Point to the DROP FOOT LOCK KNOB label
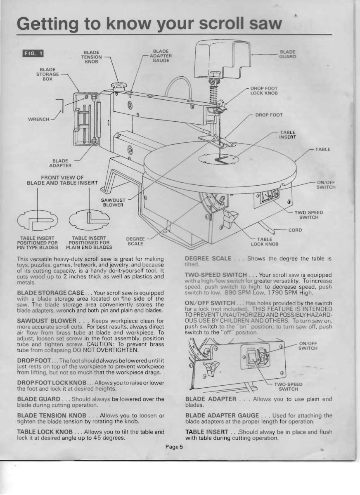pyautogui.click(x=264, y=91)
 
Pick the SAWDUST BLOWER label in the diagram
pyautogui.click(x=114, y=202)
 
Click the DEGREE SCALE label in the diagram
pyautogui.click(x=135, y=241)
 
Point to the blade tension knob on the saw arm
pyautogui.click(x=118, y=87)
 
